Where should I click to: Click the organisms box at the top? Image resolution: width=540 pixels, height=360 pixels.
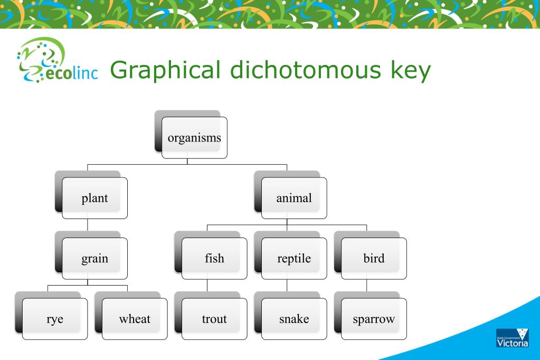coord(194,138)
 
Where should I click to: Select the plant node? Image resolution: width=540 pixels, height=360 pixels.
coord(94,198)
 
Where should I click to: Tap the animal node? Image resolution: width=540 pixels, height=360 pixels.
coord(294,198)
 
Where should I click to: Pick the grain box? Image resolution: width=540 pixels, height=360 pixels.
coord(94,259)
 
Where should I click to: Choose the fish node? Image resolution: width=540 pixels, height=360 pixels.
coord(214,259)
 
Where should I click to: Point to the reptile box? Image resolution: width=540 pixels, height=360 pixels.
coord(294,259)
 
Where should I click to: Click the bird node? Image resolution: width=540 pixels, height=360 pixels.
coord(374,259)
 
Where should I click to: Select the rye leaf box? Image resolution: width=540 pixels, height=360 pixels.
coord(54,319)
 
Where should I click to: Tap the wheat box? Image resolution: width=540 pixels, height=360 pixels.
coord(135,319)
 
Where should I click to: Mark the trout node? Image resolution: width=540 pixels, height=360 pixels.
coord(214,319)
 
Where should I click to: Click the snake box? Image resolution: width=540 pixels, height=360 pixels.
coord(294,319)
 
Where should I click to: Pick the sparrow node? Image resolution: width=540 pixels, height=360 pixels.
coord(374,319)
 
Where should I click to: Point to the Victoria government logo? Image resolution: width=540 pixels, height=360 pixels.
coord(511,337)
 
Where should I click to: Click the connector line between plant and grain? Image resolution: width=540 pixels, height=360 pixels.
coord(88,228)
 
